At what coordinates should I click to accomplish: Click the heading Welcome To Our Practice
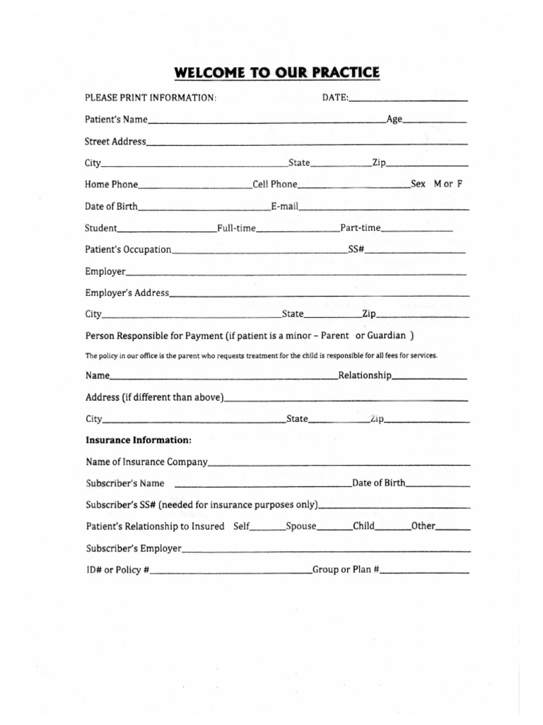277,73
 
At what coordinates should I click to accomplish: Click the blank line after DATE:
408,100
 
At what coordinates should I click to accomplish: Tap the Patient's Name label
116,120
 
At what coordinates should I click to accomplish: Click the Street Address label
115,142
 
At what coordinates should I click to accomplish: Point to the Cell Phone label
275,184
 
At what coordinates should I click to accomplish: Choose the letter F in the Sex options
460,183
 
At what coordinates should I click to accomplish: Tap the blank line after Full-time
298,230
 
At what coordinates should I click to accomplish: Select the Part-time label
361,228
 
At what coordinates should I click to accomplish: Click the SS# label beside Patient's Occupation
356,249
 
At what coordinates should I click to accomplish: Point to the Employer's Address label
127,292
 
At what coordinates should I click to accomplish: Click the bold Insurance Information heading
139,440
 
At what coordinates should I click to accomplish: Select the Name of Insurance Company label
147,462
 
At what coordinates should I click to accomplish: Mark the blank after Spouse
334,529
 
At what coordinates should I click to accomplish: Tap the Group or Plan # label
346,569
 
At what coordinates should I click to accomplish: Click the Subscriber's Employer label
134,548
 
